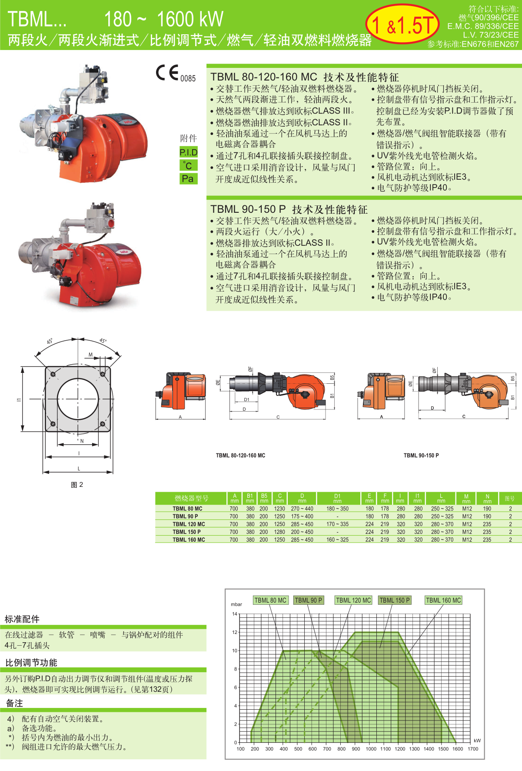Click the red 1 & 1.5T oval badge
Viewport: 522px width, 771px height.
[x=402, y=24]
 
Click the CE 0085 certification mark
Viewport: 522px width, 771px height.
[x=176, y=74]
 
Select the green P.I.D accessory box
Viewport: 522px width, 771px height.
[x=189, y=152]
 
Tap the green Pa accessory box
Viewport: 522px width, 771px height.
[x=189, y=179]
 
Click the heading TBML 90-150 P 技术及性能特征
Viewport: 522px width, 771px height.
[x=289, y=209]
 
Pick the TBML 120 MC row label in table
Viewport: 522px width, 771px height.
[x=189, y=524]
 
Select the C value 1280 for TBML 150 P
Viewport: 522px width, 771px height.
[x=279, y=532]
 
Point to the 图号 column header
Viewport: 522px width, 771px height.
[x=509, y=499]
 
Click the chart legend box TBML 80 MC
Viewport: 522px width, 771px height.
[x=270, y=600]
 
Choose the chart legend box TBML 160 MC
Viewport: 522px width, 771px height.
[x=443, y=600]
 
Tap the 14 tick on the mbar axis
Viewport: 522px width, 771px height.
[x=235, y=614]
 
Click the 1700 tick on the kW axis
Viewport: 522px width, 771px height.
[x=473, y=749]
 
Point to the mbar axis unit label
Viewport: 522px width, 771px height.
[x=236, y=604]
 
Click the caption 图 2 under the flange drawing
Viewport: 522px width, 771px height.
[x=77, y=485]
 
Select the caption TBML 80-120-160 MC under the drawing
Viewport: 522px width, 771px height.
[x=240, y=456]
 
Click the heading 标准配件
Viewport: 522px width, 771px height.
[x=22, y=619]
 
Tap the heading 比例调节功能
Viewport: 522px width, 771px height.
[x=31, y=662]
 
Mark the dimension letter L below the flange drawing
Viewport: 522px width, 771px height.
[x=79, y=469]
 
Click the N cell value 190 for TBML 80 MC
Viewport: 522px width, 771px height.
[x=487, y=509]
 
